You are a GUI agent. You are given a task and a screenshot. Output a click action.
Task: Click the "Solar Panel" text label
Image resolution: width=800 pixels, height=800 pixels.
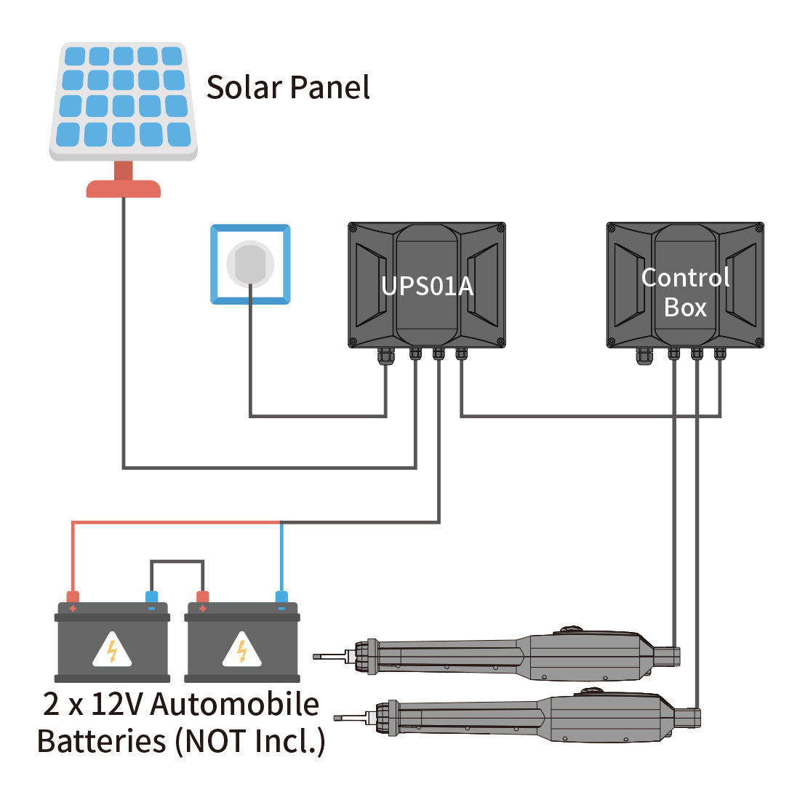[288, 87]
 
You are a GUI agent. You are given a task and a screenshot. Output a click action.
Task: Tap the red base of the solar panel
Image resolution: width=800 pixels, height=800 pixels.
[124, 188]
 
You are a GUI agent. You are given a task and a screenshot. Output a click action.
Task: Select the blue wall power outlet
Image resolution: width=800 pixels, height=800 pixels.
[250, 264]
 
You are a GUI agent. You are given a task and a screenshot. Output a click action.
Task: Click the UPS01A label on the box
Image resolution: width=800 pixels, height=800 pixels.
[427, 286]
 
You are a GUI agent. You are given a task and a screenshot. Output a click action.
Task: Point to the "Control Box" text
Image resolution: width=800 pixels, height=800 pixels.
[685, 292]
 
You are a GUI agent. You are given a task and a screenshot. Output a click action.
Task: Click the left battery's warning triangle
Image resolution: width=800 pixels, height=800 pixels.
[112, 649]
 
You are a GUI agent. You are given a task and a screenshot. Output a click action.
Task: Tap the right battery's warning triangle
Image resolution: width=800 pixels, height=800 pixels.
[241, 649]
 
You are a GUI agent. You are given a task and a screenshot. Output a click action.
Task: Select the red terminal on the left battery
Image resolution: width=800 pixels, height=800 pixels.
[73, 598]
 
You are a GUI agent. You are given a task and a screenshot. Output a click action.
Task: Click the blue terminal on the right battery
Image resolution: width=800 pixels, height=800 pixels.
[281, 598]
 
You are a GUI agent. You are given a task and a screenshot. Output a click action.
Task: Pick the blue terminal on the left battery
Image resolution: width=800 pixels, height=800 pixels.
[151, 598]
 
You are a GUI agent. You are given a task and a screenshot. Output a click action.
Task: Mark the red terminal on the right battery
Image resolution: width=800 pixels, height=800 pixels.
[202, 598]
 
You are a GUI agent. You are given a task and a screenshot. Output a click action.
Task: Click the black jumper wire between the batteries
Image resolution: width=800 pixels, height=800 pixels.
[177, 561]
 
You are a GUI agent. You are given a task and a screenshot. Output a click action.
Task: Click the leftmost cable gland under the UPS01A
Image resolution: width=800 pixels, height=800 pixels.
[385, 356]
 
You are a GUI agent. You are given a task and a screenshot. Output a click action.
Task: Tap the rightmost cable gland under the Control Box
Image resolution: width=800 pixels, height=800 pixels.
[720, 354]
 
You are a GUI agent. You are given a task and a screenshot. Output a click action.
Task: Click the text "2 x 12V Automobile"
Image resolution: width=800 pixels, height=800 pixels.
[180, 704]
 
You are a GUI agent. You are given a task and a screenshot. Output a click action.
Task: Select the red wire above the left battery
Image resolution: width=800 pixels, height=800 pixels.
[175, 522]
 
